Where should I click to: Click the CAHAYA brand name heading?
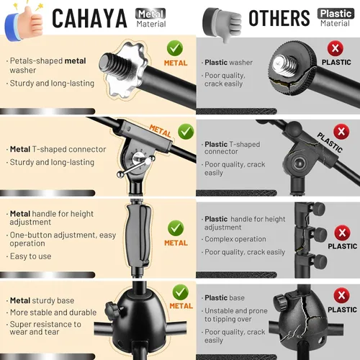(89, 18)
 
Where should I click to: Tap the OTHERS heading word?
(279, 18)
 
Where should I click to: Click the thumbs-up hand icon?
(24, 23)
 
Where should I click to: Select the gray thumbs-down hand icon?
(222, 24)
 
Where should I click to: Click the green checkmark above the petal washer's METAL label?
(175, 48)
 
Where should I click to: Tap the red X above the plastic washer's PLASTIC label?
(336, 48)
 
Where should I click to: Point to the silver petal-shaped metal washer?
(126, 71)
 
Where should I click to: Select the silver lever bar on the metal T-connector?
(135, 166)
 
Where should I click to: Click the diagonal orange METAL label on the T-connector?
(160, 131)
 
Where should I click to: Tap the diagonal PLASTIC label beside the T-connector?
(330, 143)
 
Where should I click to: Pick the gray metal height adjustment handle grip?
(138, 237)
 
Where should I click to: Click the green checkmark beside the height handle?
(176, 228)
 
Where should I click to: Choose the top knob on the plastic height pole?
(319, 209)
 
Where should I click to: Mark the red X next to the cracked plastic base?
(341, 295)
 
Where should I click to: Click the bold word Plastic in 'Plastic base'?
(216, 298)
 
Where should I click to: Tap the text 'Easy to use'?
(30, 256)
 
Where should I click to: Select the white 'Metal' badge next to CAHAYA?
(150, 14)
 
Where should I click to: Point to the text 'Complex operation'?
(235, 239)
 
